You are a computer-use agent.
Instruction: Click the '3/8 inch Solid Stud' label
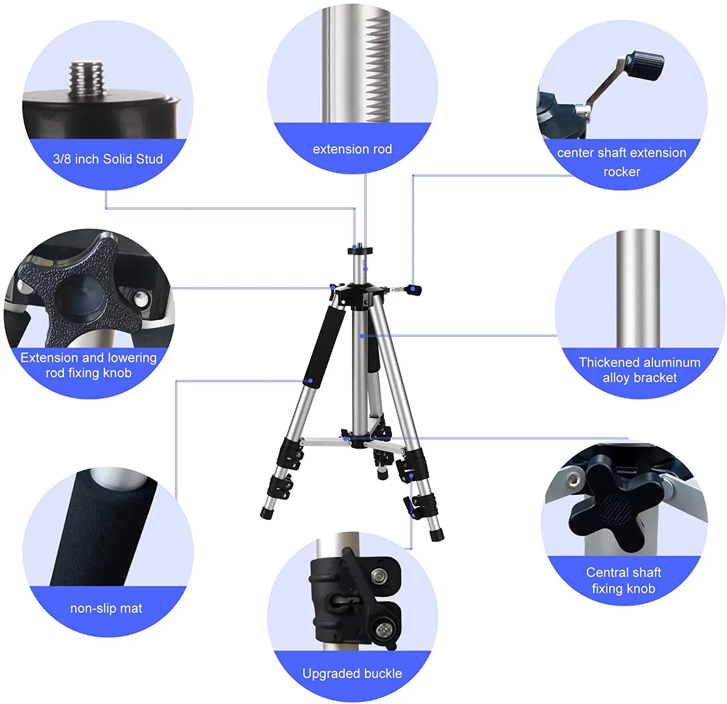click(108, 159)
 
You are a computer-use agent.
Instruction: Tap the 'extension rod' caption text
click(352, 149)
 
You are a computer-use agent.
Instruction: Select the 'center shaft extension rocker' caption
click(621, 162)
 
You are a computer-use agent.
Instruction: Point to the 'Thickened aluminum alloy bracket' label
click(639, 370)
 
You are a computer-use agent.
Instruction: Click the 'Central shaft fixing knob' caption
click(623, 580)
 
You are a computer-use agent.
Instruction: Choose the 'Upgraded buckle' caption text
click(352, 673)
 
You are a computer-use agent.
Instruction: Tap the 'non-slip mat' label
click(106, 608)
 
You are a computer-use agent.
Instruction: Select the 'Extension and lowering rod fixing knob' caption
click(89, 366)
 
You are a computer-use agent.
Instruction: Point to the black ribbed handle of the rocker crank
click(646, 65)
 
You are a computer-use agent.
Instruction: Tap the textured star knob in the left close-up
click(80, 291)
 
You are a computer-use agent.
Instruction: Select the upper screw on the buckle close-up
click(379, 576)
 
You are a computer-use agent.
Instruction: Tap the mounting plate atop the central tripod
click(361, 251)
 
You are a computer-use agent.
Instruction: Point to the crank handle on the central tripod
click(413, 290)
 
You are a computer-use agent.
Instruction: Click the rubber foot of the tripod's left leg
click(267, 512)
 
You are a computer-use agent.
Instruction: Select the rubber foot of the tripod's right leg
click(437, 534)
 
